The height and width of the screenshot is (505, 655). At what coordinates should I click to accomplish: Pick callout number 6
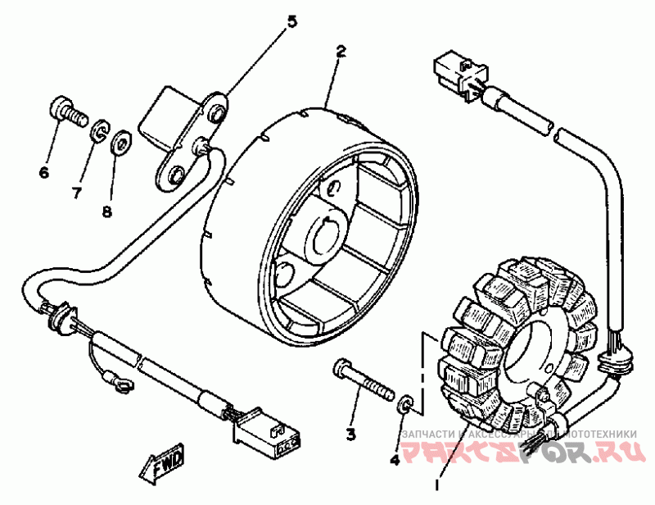44,171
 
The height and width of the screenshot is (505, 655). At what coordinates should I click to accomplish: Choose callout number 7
77,193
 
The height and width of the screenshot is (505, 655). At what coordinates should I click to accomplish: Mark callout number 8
106,212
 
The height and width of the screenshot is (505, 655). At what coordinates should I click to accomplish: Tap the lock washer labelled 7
100,130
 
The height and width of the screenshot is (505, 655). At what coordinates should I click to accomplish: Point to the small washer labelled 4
405,406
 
